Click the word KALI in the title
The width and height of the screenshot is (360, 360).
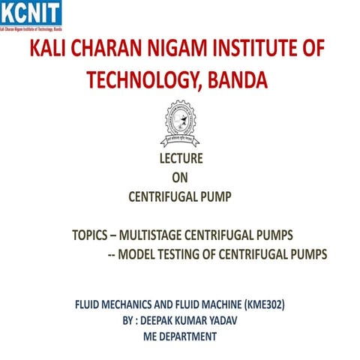click(50, 49)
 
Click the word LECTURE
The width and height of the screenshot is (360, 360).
click(181, 159)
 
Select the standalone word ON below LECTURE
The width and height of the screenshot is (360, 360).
click(180, 178)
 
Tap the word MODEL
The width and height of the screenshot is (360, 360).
click(142, 254)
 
